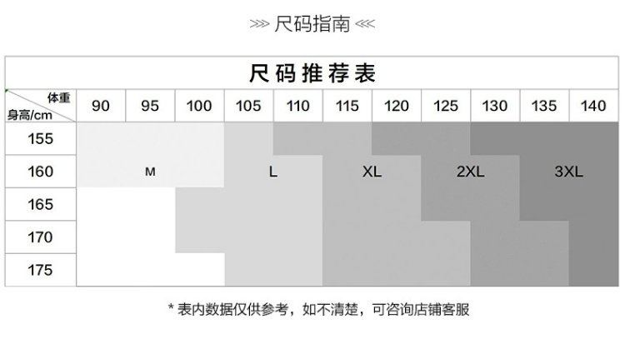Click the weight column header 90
[101, 106]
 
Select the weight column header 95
[150, 106]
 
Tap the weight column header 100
[199, 106]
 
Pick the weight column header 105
[248, 106]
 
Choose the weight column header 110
[297, 106]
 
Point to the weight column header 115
[347, 106]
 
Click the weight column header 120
[396, 106]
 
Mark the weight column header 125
[446, 106]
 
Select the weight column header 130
[495, 106]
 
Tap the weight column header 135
[544, 106]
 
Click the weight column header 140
[593, 106]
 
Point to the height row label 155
[41, 138]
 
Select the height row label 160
[41, 172]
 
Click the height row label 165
[41, 204]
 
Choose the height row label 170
[41, 237]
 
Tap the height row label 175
[41, 270]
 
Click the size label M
[150, 172]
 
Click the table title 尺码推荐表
[312, 73]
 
